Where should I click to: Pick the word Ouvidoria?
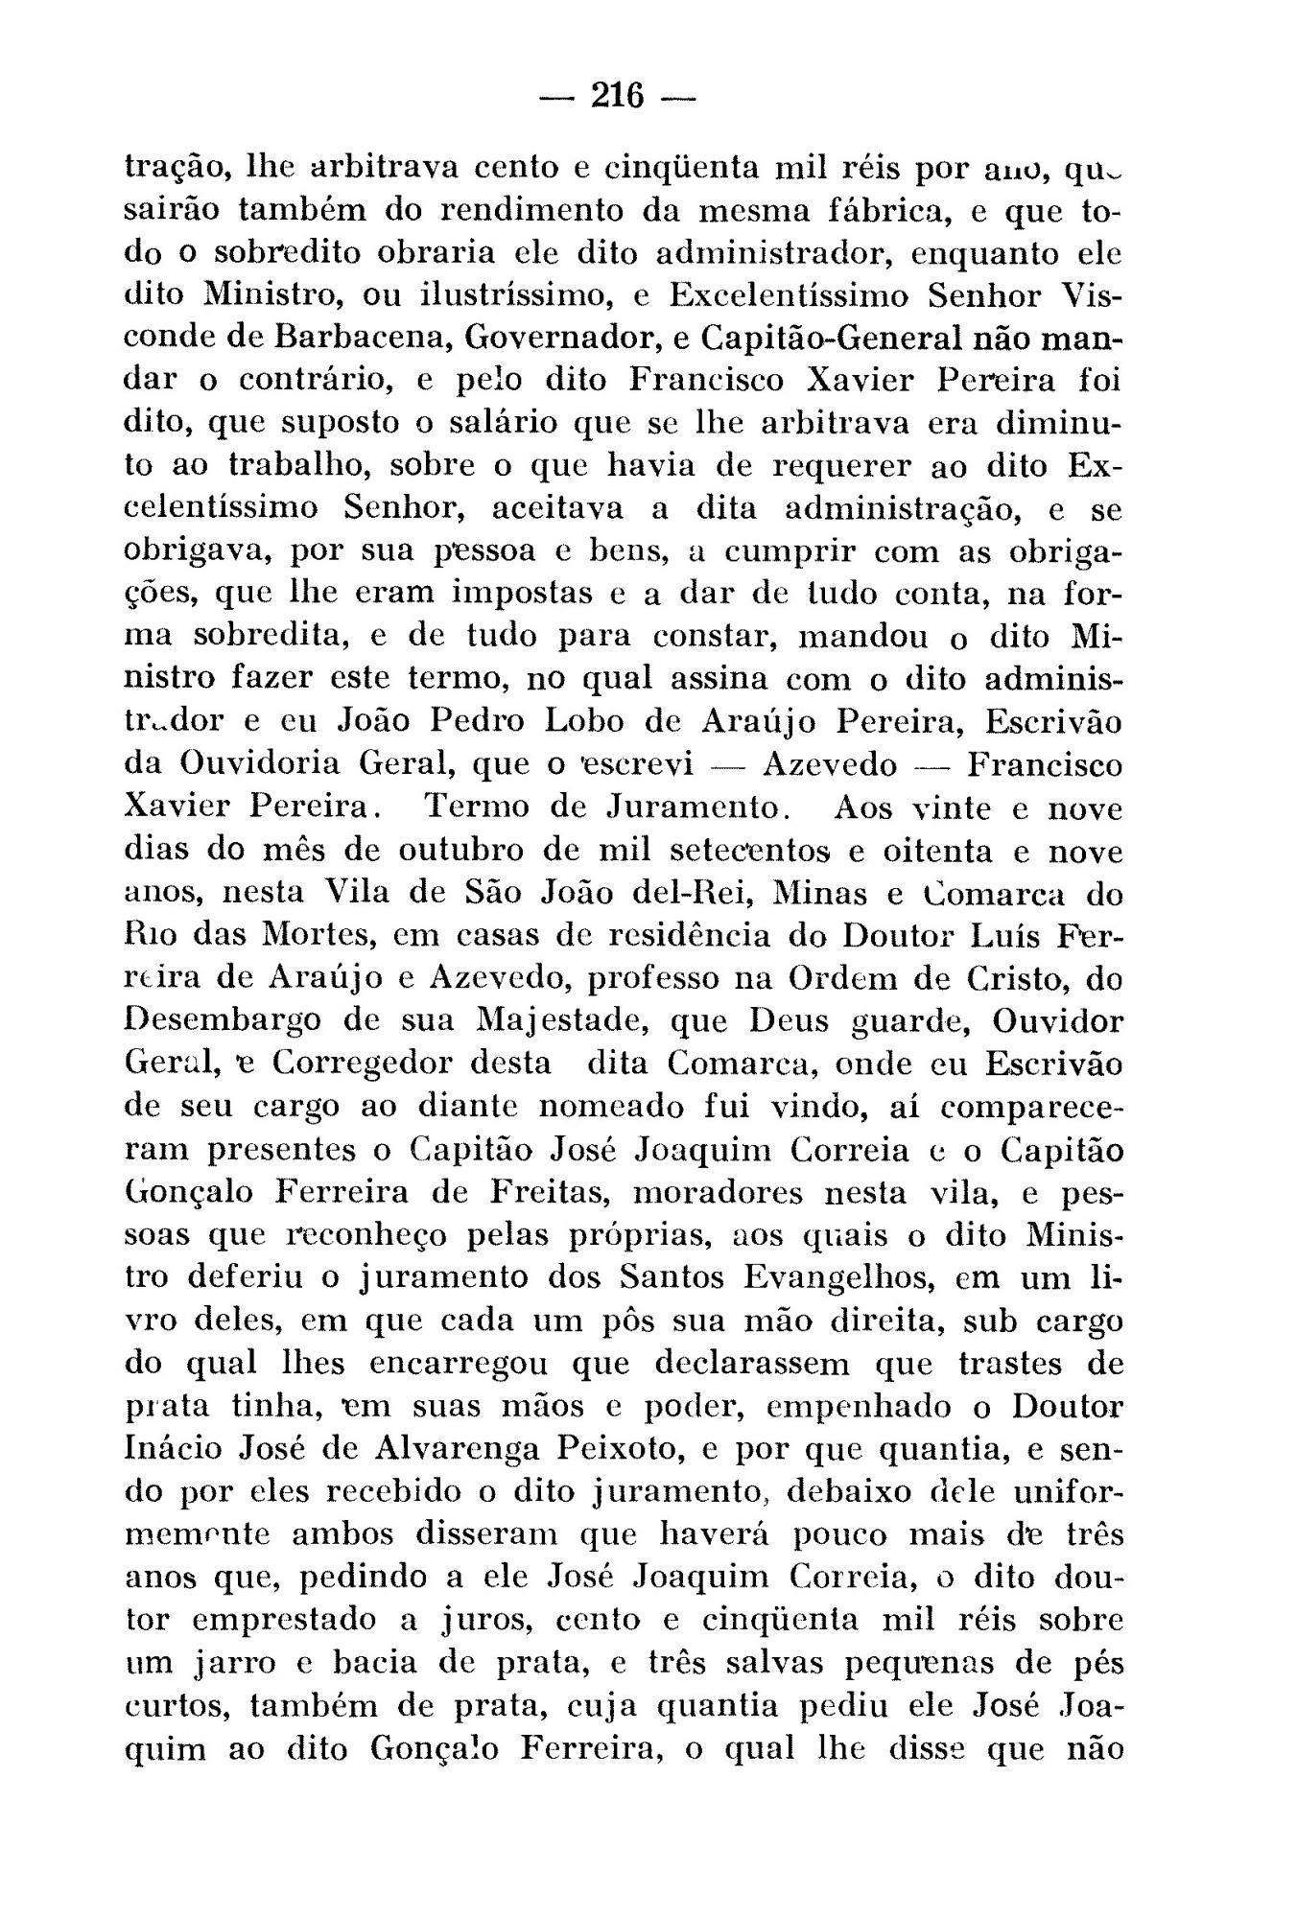point(259,764)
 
